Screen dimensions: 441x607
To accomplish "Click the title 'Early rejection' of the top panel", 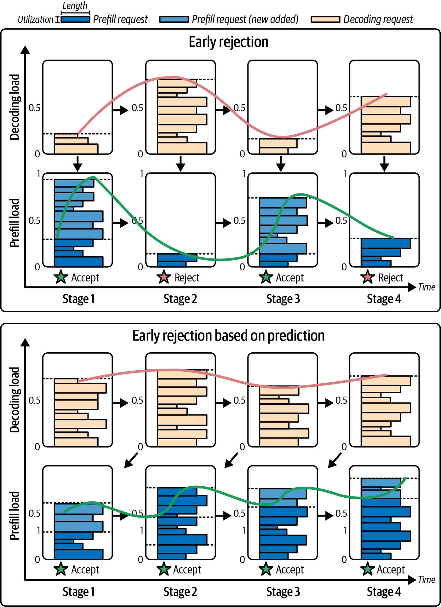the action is click(x=228, y=42).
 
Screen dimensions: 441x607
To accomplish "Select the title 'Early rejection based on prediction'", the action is click(x=228, y=336).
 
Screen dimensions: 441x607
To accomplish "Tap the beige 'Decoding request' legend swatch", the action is click(x=325, y=20).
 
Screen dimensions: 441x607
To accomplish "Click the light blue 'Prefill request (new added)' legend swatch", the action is click(x=174, y=20).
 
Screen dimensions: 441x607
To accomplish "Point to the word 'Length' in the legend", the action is click(x=75, y=6).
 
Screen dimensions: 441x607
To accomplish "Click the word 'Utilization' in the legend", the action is click(x=35, y=20).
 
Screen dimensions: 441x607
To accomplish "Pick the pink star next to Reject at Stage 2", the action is click(x=164, y=277).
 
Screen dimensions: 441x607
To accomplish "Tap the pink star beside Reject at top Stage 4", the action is click(x=368, y=277).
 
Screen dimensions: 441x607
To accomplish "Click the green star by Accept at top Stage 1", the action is click(x=61, y=277).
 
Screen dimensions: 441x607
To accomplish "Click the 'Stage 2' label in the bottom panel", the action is click(x=180, y=592).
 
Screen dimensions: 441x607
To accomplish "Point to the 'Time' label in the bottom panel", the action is click(x=427, y=580).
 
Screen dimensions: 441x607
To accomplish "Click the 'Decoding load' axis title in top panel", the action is click(x=14, y=107).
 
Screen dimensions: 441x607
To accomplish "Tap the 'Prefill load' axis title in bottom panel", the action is click(x=14, y=516).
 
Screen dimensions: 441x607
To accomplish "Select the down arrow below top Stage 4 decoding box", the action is click(x=384, y=163).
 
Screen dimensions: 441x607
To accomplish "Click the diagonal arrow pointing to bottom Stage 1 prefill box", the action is click(x=131, y=460).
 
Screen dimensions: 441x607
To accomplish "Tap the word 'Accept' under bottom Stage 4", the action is click(x=391, y=569).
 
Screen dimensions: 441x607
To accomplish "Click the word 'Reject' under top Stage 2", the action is click(x=187, y=278).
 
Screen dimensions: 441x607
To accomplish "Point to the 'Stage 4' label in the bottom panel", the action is click(x=384, y=592).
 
